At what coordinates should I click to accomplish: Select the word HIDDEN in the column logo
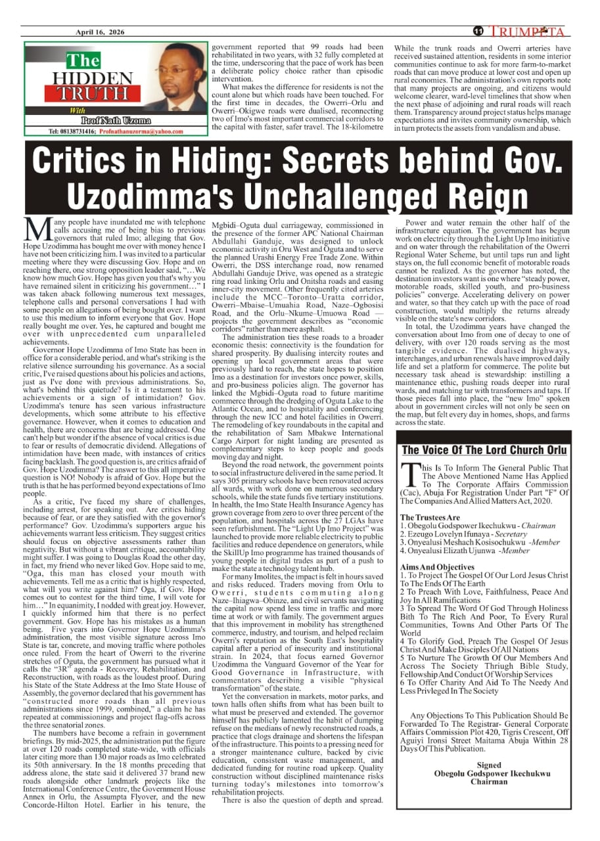(83, 78)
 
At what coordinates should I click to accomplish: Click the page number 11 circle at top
(478, 32)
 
